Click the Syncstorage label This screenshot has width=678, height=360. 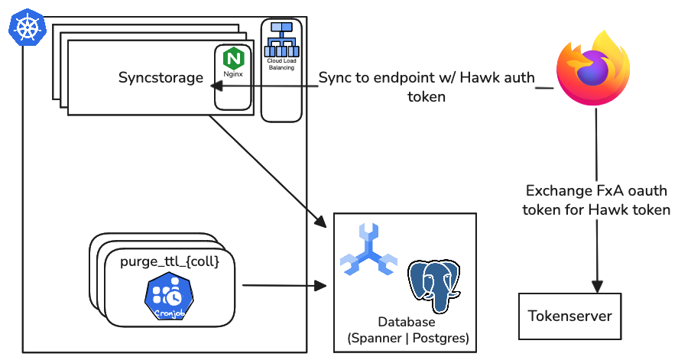pos(161,77)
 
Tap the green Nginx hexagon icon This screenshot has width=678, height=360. pos(232,58)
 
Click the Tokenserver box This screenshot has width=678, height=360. pos(570,316)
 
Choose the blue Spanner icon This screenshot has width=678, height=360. pos(368,251)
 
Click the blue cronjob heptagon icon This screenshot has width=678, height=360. pos(168,295)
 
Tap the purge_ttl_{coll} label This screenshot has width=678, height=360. pos(170,262)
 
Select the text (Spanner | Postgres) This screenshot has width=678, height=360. pos(407,338)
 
